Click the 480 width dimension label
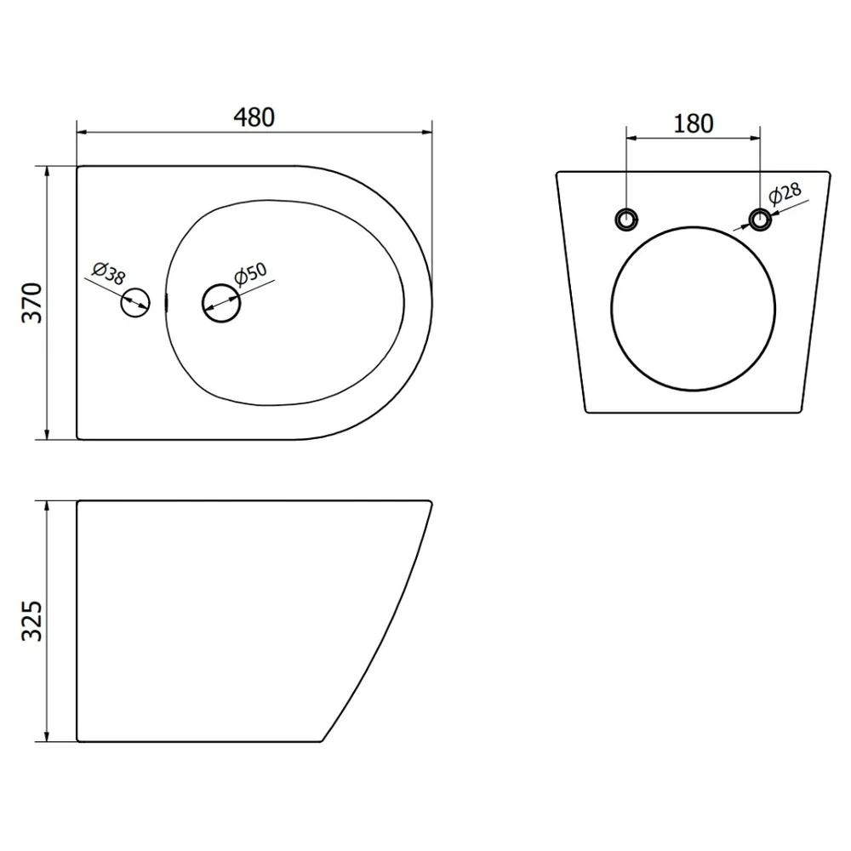click(x=254, y=117)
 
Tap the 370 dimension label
click(x=32, y=303)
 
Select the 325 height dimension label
click(x=32, y=621)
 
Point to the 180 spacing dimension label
click(x=693, y=123)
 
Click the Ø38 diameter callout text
click(x=109, y=273)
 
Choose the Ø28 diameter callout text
click(x=785, y=193)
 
